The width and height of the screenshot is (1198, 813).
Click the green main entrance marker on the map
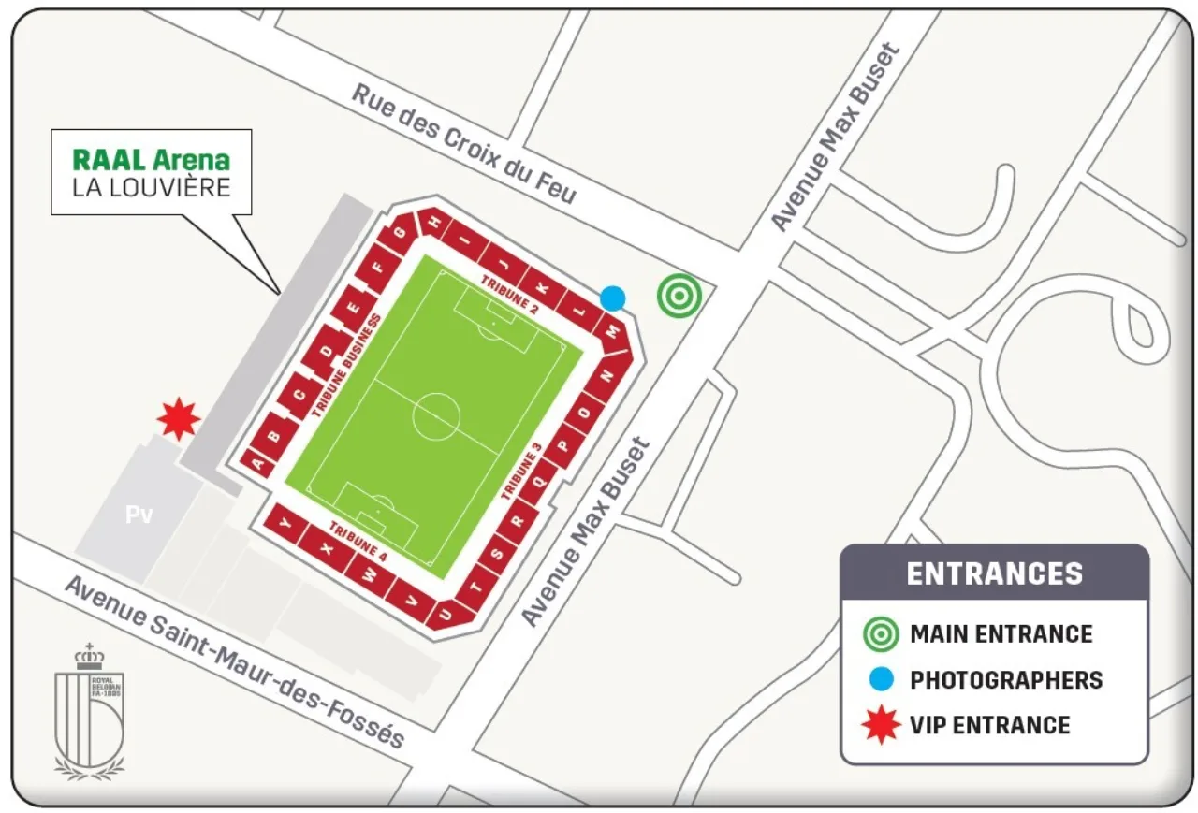tap(679, 296)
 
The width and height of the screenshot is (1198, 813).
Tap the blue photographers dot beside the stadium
tap(612, 298)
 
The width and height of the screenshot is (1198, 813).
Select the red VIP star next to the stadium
tap(178, 418)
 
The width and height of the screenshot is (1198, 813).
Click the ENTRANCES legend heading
tap(994, 573)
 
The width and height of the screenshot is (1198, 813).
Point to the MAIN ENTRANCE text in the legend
tap(1001, 634)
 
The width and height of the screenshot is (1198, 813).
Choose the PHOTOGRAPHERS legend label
tap(1006, 680)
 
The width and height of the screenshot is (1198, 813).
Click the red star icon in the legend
tap(881, 725)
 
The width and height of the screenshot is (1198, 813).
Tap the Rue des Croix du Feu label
tap(464, 143)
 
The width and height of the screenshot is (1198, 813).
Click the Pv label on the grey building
tap(139, 515)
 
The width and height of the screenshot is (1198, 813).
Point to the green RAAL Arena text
tap(151, 159)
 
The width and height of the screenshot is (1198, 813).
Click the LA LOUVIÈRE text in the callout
tap(151, 187)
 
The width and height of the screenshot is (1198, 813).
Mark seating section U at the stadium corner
tap(446, 613)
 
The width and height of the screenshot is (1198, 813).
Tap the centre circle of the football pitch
tap(436, 415)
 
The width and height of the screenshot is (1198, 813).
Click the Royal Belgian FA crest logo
tap(89, 711)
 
